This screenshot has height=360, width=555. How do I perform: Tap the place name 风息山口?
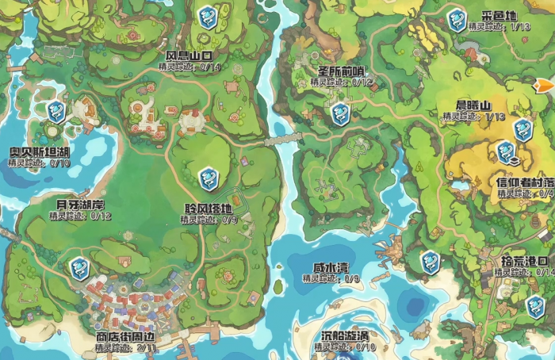(x=189, y=56)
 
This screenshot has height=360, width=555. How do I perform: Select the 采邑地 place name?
(x=499, y=16)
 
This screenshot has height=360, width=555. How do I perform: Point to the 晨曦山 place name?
(x=473, y=105)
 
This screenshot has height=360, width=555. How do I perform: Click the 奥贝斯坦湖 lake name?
(x=40, y=152)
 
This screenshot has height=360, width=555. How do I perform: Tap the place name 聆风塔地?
(x=209, y=209)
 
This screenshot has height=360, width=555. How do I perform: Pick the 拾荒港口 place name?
(x=525, y=261)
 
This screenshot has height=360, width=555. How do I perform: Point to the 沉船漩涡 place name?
(x=344, y=336)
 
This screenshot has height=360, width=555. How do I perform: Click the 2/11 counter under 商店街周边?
(x=146, y=347)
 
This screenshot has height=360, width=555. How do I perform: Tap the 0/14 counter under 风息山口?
(x=210, y=67)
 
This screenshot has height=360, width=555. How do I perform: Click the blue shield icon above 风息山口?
(x=208, y=17)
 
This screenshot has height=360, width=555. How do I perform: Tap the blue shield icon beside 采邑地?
(x=456, y=20)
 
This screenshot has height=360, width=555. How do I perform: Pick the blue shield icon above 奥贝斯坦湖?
(x=55, y=112)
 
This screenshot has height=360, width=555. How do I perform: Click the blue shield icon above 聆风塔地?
(x=209, y=178)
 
